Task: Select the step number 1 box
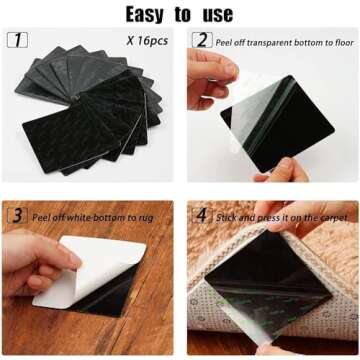click(x=18, y=40)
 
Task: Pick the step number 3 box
click(x=18, y=216)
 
